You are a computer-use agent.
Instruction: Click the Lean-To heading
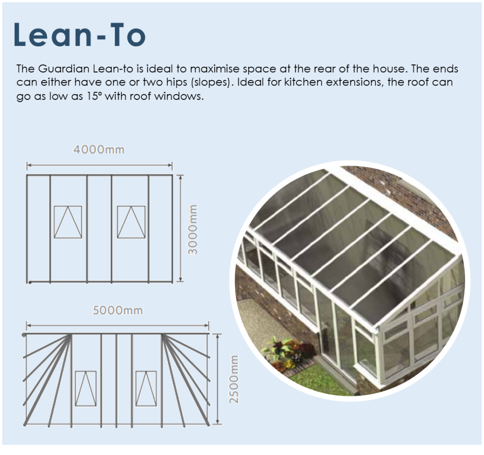click(x=79, y=34)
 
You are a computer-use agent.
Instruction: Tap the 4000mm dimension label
click(x=99, y=150)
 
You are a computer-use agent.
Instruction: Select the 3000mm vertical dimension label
click(x=193, y=229)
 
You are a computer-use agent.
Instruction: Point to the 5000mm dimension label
click(x=118, y=310)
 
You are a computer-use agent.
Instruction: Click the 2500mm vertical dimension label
click(x=234, y=379)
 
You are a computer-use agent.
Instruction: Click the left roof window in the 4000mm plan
click(x=68, y=222)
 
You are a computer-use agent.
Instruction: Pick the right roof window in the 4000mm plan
click(x=131, y=222)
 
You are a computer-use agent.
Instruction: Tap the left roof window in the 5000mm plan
click(x=86, y=389)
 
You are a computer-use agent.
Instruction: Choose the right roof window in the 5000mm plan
click(x=147, y=389)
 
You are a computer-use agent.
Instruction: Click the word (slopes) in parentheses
click(x=211, y=83)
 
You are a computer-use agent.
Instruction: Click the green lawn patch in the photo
click(x=318, y=378)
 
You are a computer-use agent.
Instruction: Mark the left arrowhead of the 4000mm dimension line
click(x=28, y=166)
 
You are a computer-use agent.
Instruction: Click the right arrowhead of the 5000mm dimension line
click(x=207, y=325)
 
